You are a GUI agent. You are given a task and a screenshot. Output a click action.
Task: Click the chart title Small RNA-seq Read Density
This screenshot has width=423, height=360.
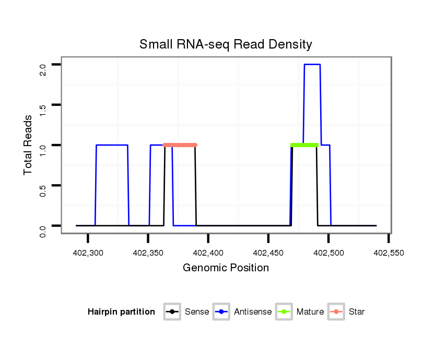coord(226,44)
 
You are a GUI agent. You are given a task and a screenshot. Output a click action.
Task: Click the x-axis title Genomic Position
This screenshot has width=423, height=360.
coord(226,268)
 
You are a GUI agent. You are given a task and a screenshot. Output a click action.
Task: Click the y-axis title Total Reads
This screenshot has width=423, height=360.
coord(28,145)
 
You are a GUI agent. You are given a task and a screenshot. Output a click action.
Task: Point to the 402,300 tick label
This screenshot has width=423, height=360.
coord(88,253)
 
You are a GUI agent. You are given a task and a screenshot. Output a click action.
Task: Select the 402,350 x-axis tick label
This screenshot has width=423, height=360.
coord(148,253)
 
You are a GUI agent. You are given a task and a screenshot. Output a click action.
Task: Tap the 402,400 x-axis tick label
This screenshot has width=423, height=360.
coord(208,253)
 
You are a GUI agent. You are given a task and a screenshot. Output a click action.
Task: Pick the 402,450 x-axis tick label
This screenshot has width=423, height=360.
coord(268,253)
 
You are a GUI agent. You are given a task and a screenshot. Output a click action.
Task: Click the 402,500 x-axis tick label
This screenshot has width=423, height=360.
coord(328,253)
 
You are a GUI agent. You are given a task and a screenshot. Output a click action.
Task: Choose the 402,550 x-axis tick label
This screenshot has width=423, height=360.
coord(389,253)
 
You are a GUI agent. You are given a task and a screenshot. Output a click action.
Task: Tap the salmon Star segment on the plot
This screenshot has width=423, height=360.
coord(180,145)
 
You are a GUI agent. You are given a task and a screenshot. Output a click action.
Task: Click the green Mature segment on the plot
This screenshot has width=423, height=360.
coord(304,145)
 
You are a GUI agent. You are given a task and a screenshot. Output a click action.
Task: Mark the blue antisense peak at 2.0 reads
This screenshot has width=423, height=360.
coord(312,65)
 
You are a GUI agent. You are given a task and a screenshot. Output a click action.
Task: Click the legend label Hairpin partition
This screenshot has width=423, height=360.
coord(121,312)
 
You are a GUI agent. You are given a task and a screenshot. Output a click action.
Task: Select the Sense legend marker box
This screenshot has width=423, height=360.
coord(172,312)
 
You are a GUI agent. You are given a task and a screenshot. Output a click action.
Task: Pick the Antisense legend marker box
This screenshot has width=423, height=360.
coord(221,312)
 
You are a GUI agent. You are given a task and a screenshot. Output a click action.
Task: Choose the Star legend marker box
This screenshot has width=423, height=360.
coord(336,312)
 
